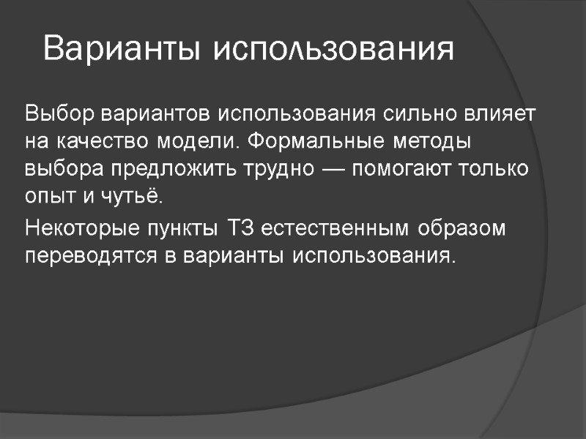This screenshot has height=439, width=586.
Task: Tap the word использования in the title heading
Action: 334,50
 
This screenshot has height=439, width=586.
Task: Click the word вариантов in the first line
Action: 155,115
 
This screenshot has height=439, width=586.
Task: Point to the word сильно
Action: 411,115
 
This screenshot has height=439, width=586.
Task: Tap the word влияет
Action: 500,115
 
